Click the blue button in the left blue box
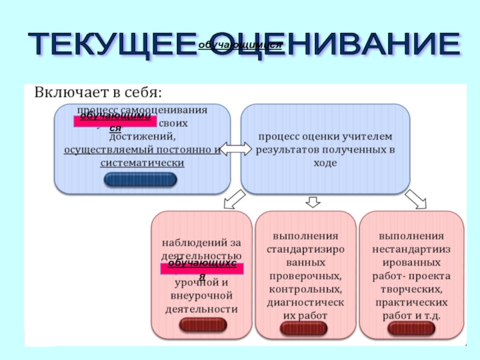(140, 179)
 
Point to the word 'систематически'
(142, 163)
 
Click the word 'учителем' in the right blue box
(367, 137)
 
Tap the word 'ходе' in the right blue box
(325, 163)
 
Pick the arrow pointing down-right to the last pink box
(415, 199)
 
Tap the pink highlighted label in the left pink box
(202, 268)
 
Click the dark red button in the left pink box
(202, 325)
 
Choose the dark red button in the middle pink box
(304, 328)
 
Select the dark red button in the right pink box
(410, 328)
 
